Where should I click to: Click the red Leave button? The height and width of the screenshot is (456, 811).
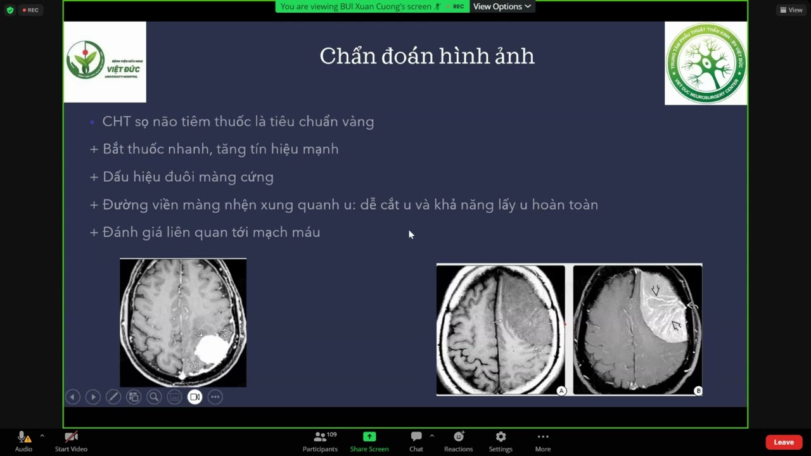[783, 442]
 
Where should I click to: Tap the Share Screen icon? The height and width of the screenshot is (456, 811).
[369, 437]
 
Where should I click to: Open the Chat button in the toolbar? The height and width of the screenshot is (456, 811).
[416, 437]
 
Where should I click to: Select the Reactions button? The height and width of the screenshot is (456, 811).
[458, 437]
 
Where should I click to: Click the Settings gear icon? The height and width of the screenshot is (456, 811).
[501, 437]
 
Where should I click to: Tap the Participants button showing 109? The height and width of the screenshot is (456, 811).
[321, 437]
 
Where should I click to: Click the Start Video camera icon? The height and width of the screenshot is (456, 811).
[71, 437]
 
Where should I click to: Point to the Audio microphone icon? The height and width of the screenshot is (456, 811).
[22, 437]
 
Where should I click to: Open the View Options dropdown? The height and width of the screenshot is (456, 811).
[502, 6]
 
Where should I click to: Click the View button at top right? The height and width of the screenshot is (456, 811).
[791, 9]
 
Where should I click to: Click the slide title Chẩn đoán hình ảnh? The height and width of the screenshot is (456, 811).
[427, 56]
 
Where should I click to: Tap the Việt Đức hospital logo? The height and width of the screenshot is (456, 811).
[105, 62]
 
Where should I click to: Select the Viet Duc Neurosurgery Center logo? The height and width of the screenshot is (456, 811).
[706, 63]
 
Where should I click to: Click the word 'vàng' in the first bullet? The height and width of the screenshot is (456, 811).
[358, 122]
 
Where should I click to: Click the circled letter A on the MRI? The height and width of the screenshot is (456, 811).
[561, 391]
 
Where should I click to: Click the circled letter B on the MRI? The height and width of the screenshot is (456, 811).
[698, 391]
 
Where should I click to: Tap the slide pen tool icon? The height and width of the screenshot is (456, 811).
[113, 397]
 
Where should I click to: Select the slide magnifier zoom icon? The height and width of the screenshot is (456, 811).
[154, 397]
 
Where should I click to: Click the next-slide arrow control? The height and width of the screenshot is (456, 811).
[93, 397]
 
